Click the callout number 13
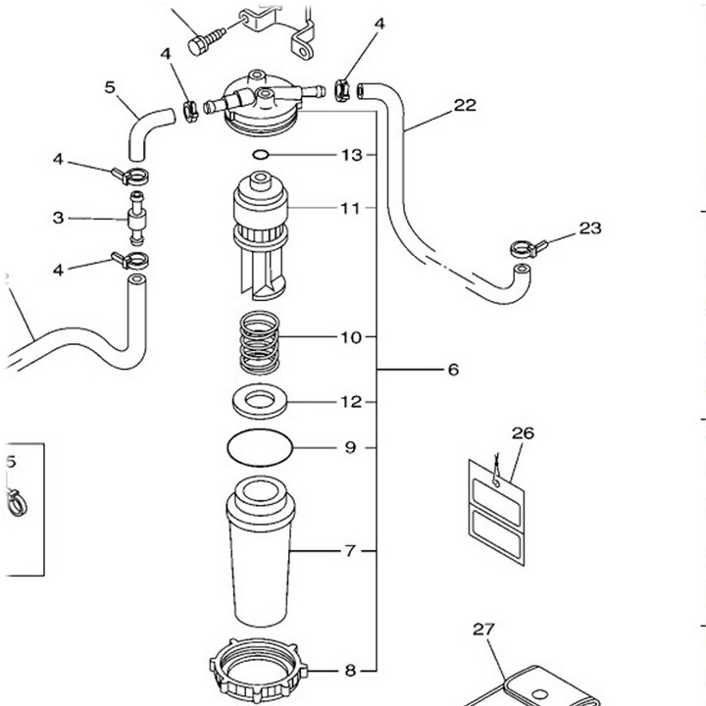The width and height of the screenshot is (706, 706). tap(352, 155)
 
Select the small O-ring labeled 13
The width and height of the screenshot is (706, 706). tap(261, 155)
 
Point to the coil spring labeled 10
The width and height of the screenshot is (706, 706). tap(259, 342)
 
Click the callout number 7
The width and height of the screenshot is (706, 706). tap(350, 551)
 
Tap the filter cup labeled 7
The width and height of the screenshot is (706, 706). tap(261, 551)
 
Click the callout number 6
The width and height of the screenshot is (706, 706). tap(453, 370)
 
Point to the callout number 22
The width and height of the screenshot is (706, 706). tap(465, 105)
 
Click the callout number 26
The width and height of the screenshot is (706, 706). tap(523, 433)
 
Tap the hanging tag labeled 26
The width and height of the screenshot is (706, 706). tap(496, 513)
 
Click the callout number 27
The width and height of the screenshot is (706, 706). tap(484, 629)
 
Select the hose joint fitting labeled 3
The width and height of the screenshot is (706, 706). tap(136, 219)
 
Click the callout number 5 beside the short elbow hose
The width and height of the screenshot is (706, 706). tap(110, 87)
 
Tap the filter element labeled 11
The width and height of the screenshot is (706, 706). tap(260, 235)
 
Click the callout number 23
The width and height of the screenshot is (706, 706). tap(590, 228)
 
